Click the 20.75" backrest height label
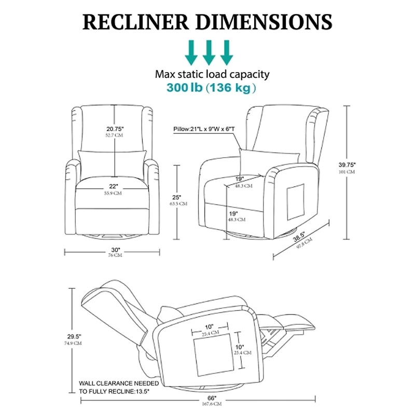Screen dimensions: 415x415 115,129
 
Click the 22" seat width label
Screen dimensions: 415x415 114,186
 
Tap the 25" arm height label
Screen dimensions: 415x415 177,197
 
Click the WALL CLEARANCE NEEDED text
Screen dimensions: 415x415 119,383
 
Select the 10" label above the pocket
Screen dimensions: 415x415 208,326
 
